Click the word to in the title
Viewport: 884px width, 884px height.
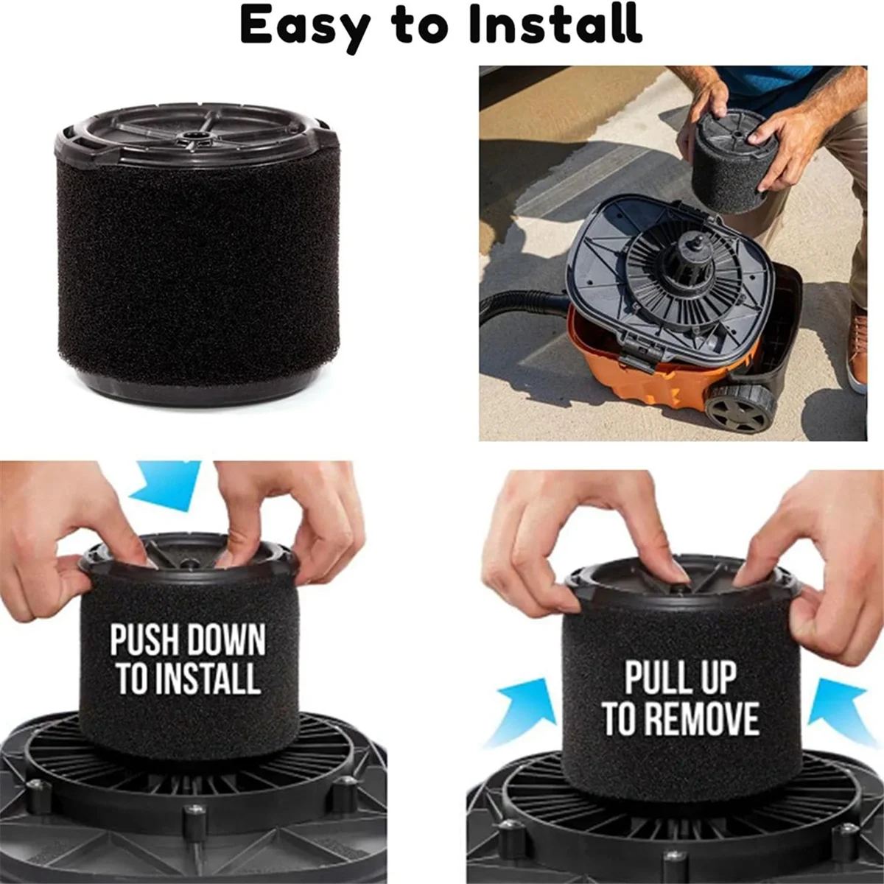(420, 27)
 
